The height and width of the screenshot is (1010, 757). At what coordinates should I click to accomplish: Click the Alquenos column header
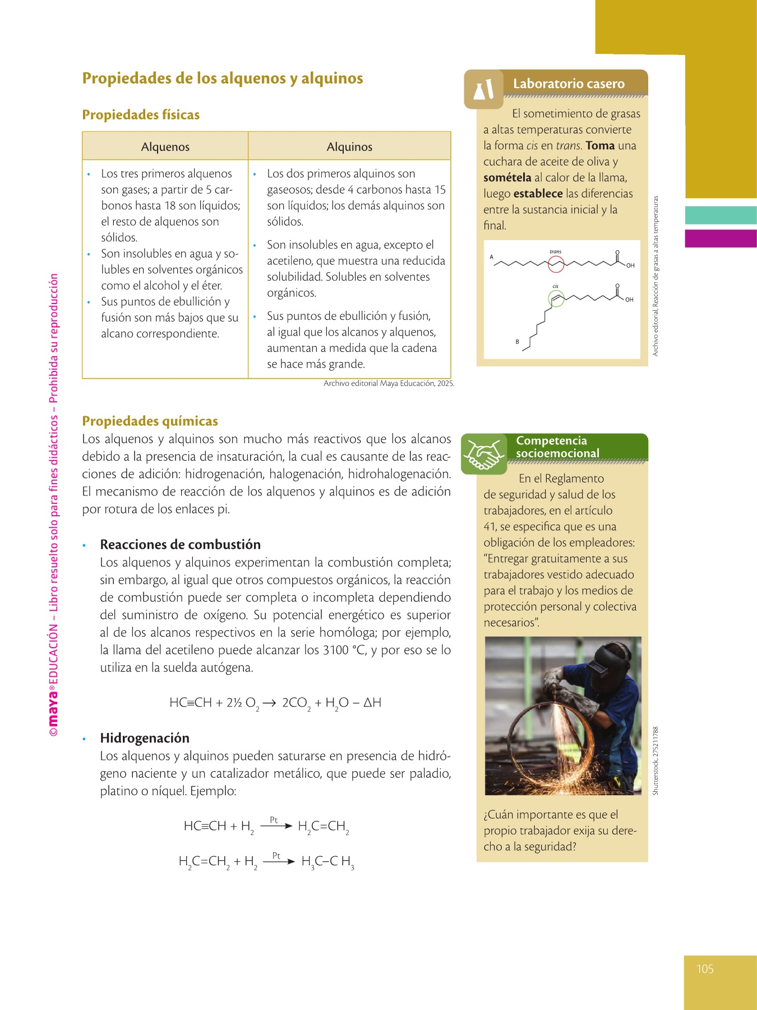(x=165, y=147)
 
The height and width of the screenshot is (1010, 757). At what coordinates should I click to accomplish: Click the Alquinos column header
(x=349, y=147)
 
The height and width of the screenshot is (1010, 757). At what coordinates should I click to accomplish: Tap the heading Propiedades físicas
(x=141, y=115)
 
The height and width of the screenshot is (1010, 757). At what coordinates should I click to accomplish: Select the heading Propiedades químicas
(x=150, y=421)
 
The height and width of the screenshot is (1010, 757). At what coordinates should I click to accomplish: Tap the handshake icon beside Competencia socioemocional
(x=484, y=454)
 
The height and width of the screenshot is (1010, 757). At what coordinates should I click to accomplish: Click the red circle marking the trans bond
(x=556, y=264)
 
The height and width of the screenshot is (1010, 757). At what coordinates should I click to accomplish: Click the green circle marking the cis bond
(x=556, y=299)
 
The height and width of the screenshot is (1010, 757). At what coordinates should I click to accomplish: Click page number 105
(x=705, y=969)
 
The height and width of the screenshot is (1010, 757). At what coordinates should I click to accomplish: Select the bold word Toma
(x=600, y=146)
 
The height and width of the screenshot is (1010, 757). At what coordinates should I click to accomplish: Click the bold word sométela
(x=507, y=178)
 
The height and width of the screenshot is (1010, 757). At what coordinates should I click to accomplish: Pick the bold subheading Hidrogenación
(x=145, y=738)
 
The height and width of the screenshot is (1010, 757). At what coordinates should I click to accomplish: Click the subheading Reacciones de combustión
(x=180, y=545)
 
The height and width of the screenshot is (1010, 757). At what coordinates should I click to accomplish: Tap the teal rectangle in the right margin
(x=721, y=215)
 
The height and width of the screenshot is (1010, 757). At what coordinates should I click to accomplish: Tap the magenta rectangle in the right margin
(x=721, y=238)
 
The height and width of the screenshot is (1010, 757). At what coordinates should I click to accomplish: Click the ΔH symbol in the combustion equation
(x=372, y=703)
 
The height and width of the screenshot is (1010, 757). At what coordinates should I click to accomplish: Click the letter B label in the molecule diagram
(x=517, y=342)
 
